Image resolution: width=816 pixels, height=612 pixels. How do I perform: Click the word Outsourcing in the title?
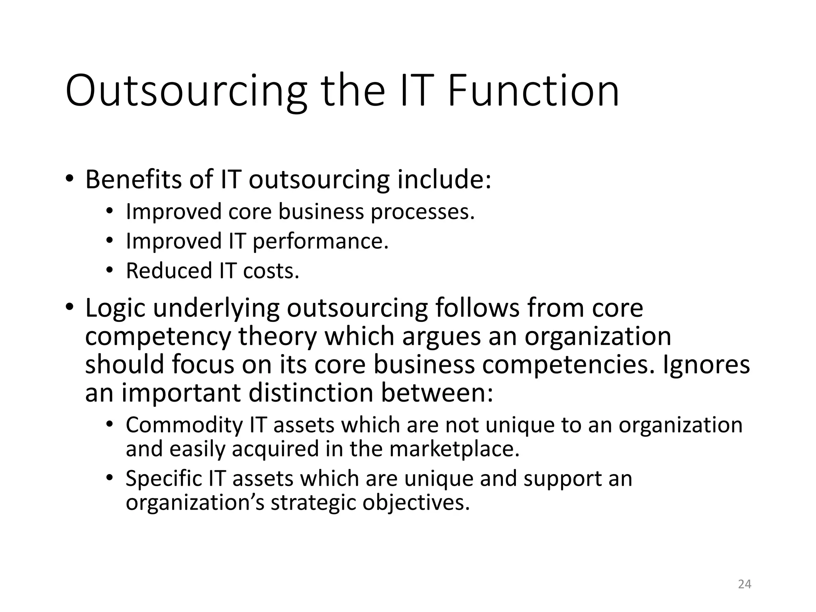(x=186, y=91)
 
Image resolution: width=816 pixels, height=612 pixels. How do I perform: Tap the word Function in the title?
(x=533, y=91)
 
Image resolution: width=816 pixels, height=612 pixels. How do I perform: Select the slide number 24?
(x=744, y=584)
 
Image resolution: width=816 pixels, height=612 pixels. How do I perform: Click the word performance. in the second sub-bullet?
(x=320, y=241)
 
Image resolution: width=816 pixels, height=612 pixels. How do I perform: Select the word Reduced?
(x=169, y=271)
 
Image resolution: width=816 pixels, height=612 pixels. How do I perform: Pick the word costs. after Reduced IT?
(x=271, y=271)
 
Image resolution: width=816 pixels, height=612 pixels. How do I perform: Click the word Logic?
(x=115, y=308)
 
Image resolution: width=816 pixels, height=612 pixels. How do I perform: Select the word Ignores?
(x=706, y=365)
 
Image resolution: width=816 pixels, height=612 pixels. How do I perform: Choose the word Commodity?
(x=184, y=425)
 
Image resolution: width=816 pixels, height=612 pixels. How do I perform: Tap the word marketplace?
(x=454, y=449)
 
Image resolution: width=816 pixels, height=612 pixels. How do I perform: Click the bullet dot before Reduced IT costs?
(x=110, y=271)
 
